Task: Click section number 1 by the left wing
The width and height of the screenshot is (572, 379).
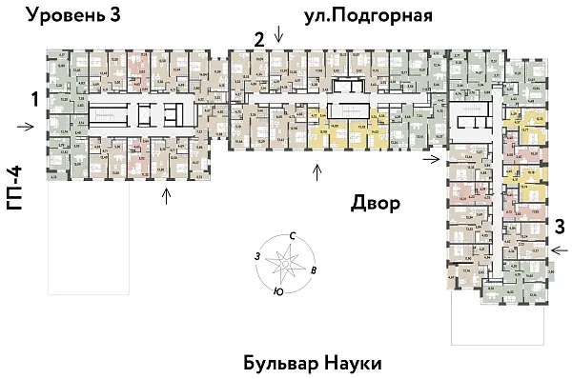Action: (x=33, y=99)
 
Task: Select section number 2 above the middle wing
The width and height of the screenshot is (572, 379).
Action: (x=258, y=39)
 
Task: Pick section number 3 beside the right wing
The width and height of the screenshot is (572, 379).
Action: (x=561, y=227)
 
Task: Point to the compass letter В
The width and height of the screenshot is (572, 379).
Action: (x=315, y=269)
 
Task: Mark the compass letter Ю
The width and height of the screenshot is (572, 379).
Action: (x=276, y=291)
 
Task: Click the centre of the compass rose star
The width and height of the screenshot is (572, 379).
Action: (x=285, y=261)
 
